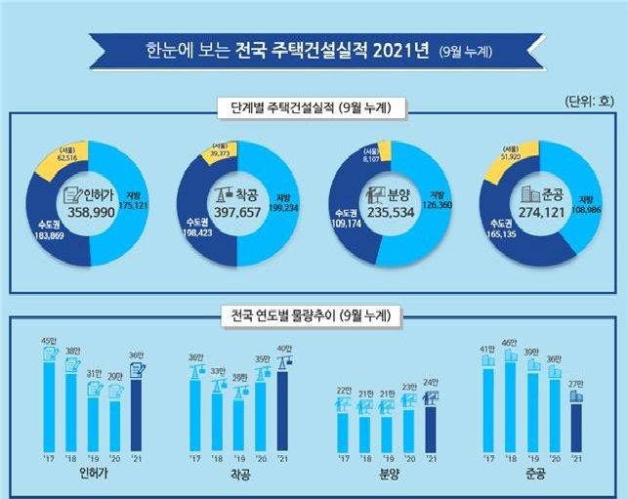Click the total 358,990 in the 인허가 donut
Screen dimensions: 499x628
point(89,210)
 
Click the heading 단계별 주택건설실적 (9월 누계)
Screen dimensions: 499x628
point(313,106)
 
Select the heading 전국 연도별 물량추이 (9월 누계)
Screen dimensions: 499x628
point(313,315)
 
